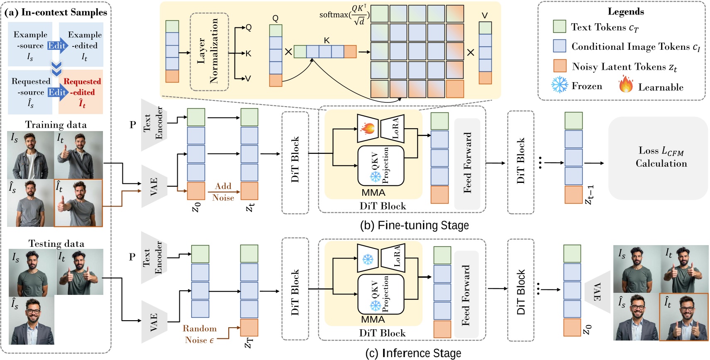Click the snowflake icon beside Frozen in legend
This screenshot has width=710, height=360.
click(559, 85)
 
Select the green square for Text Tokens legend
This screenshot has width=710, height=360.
click(559, 27)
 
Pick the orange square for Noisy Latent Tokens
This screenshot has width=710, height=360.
click(560, 66)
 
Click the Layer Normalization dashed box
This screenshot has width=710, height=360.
click(209, 52)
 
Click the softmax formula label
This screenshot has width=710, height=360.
click(344, 15)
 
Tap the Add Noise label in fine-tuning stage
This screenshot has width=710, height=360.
click(223, 192)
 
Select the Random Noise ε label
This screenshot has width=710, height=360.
click(200, 334)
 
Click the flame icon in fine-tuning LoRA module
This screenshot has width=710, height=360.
click(368, 128)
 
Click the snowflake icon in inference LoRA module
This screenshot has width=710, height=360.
click(368, 260)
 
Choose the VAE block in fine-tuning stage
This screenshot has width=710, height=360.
click(154, 186)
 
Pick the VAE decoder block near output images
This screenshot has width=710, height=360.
click(598, 292)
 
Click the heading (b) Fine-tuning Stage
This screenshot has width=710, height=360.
click(414, 225)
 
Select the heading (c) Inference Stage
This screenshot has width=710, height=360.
click(413, 353)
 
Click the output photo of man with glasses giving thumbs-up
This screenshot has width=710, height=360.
click(683, 317)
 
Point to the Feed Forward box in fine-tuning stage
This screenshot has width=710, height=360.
click(467, 163)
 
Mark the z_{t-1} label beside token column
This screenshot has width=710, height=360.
click(589, 195)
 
